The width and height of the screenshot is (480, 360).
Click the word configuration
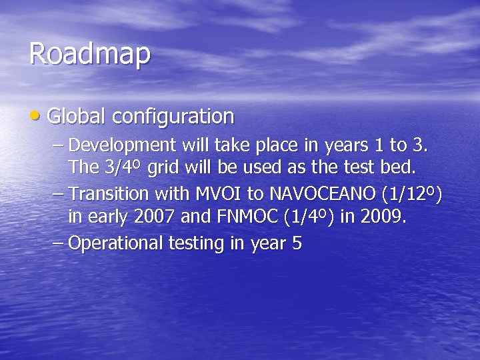(173, 117)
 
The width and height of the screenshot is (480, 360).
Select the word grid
(163, 169)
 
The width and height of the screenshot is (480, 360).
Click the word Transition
(109, 194)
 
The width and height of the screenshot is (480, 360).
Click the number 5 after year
(297, 243)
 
